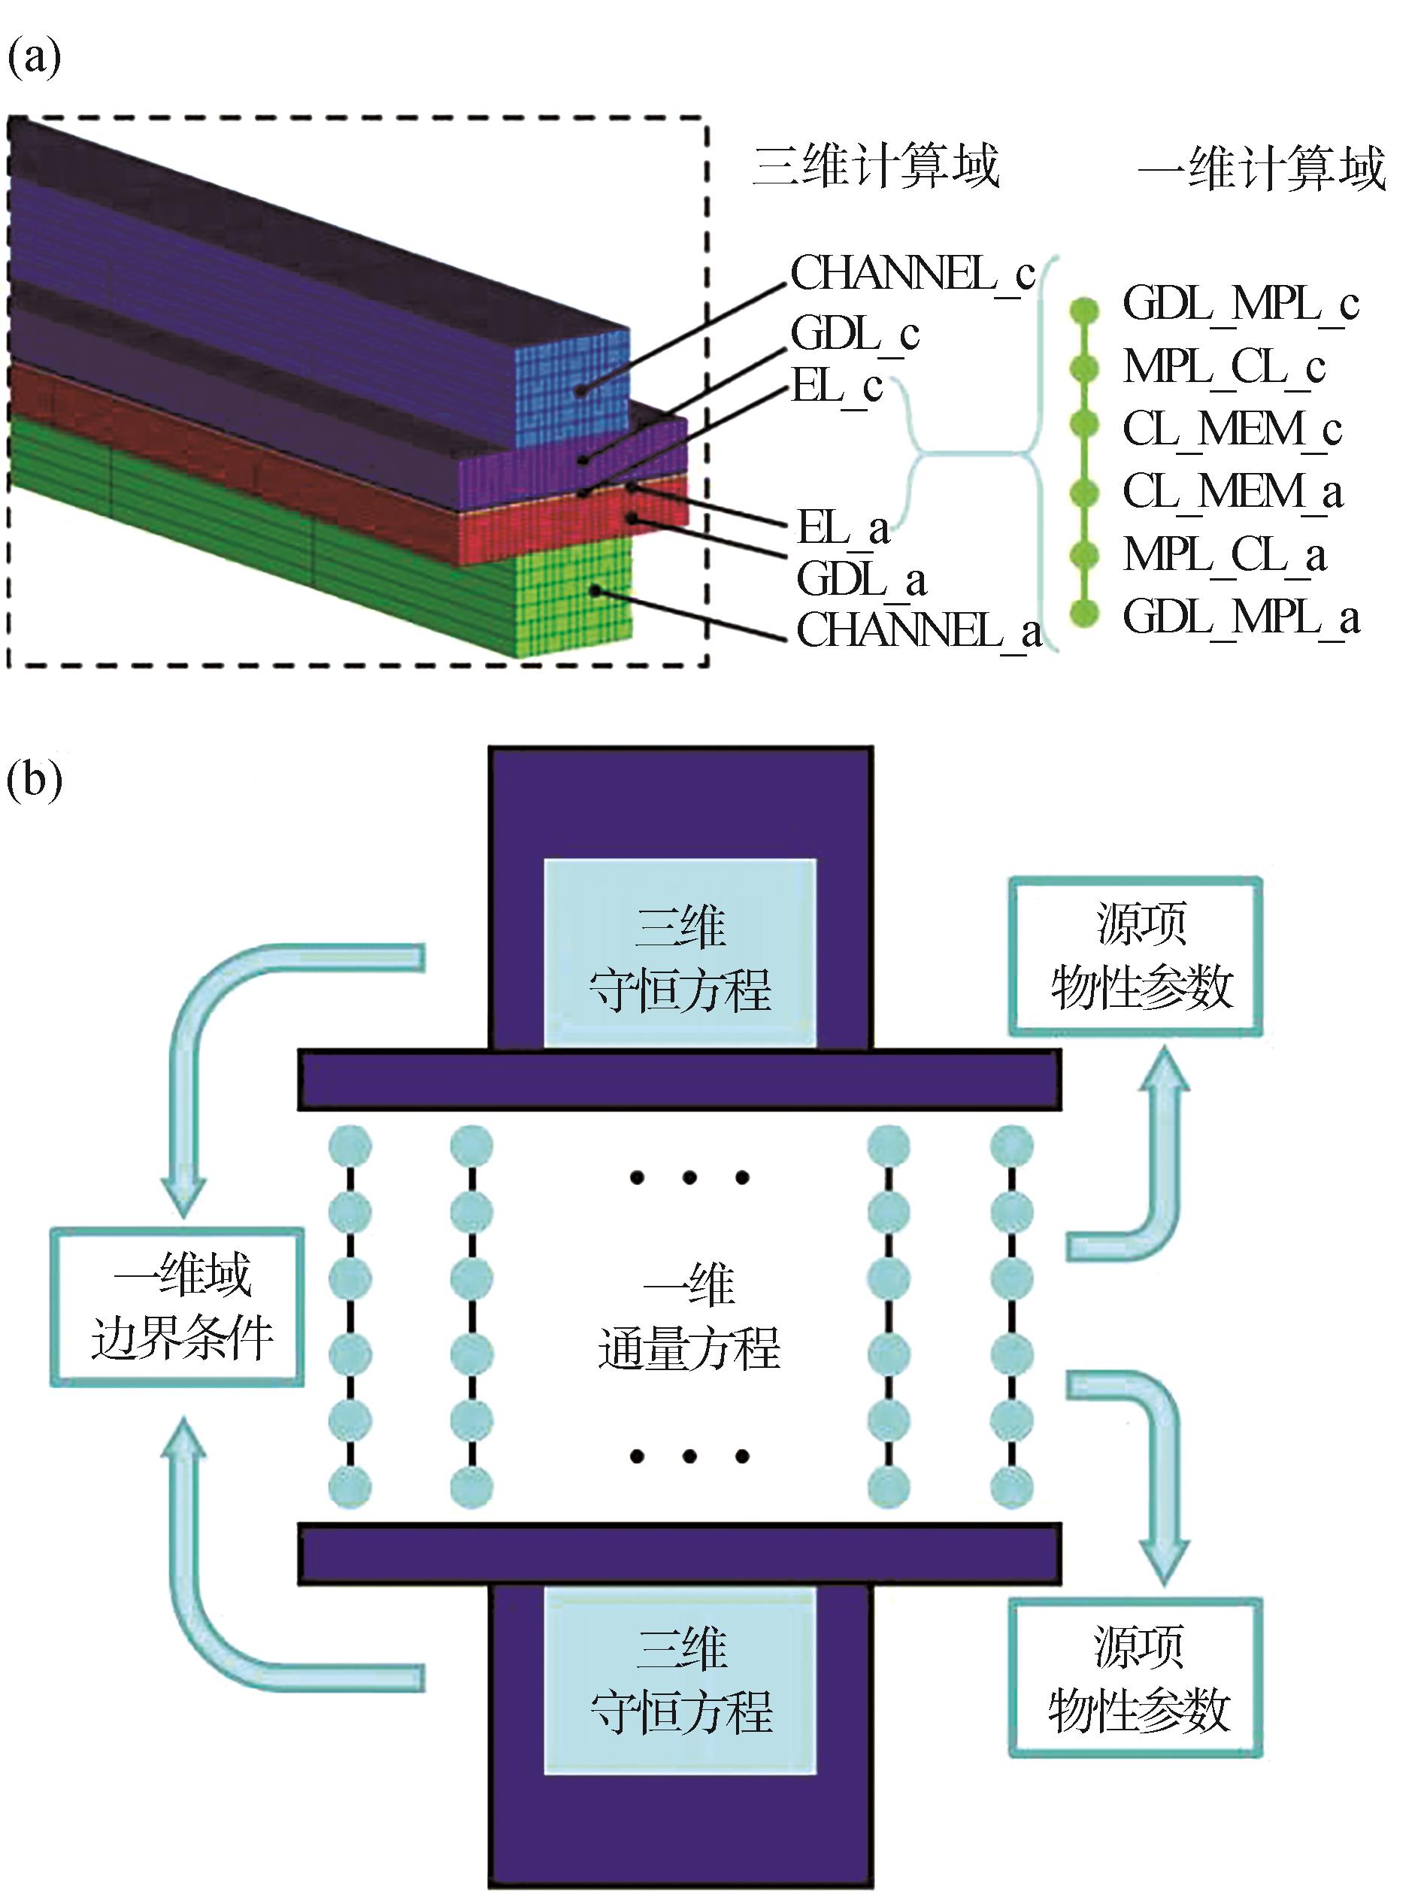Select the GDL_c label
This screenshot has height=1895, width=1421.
(854, 334)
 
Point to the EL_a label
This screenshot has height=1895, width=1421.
(843, 528)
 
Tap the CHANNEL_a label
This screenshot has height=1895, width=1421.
(918, 632)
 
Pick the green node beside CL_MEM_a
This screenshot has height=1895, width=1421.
(1084, 493)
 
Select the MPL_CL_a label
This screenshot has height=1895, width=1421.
(1225, 555)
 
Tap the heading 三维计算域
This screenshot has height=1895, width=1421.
(875, 166)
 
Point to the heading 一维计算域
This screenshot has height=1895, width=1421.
(1261, 168)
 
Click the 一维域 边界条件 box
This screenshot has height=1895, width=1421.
(177, 1307)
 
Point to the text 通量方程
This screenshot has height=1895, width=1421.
(689, 1349)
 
